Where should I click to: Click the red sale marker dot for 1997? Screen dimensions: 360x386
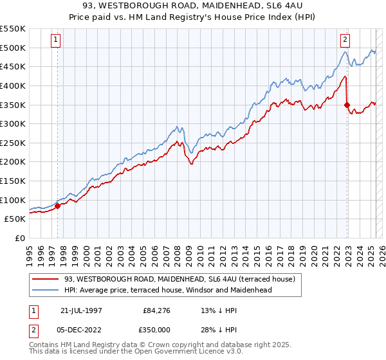(x=57, y=206)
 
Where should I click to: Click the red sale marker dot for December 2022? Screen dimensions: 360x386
(x=347, y=105)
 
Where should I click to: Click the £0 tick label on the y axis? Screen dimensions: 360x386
(x=19, y=238)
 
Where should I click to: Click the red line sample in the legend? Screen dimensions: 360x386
(x=46, y=279)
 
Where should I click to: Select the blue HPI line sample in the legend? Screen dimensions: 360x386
(x=46, y=290)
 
